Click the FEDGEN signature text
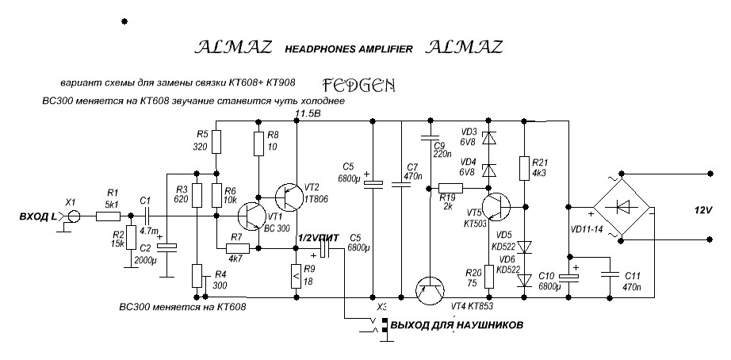[359, 83]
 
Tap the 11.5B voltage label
[308, 115]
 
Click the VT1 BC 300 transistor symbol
[253, 215]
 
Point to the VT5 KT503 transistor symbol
[499, 207]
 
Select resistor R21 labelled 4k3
[524, 168]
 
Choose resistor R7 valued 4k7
[235, 248]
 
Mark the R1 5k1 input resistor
[112, 215]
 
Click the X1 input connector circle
[74, 215]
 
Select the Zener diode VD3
[486, 137]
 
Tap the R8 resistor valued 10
[258, 144]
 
